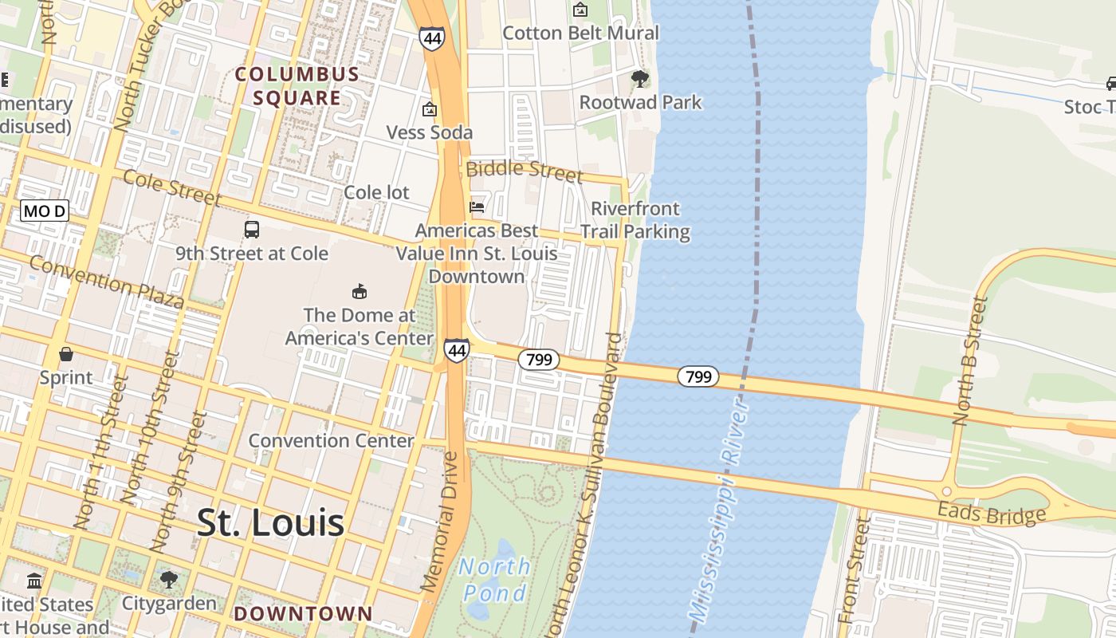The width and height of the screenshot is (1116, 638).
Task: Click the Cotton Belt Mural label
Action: [x=580, y=33]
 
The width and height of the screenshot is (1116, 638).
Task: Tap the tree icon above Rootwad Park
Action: [x=639, y=78]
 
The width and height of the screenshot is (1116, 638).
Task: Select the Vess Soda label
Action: [x=430, y=132]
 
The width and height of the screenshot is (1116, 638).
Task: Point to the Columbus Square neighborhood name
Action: [x=297, y=86]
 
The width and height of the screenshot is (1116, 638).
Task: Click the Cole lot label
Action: [x=376, y=192]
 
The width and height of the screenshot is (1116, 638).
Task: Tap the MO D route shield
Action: [x=45, y=211]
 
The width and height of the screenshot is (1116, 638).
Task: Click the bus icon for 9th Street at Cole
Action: [x=252, y=230]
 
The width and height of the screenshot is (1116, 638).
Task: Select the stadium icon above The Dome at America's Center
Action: [x=360, y=291]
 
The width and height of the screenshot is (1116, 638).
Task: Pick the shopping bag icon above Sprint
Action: [x=66, y=353]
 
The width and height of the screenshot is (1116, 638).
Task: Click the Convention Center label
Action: [x=331, y=440]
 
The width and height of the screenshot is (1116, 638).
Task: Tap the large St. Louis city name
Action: [x=270, y=523]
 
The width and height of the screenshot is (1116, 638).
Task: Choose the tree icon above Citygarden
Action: [x=168, y=579]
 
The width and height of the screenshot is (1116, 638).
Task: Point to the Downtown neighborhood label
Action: [x=303, y=613]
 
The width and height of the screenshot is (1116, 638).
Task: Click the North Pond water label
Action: [x=494, y=580]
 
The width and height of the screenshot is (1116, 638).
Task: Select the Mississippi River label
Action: [x=720, y=510]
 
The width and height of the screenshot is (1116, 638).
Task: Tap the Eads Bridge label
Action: [x=991, y=514]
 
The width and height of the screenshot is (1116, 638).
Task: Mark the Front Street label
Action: [x=852, y=570]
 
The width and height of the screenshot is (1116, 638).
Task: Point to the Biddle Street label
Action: [x=525, y=170]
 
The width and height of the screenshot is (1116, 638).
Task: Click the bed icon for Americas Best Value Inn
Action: [x=477, y=207]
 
